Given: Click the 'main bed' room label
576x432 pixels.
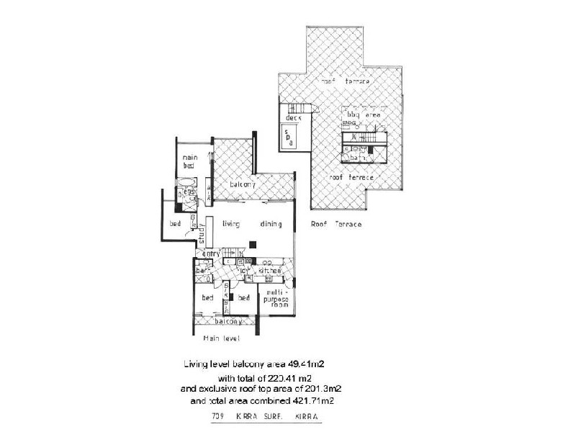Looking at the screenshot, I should pos(189,161).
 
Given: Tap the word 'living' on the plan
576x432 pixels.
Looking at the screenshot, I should pos(230,224).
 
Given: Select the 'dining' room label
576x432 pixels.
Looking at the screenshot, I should pos(271,224).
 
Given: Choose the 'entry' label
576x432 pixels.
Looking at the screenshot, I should pos(211,253).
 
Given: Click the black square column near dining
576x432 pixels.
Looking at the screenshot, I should pos(252,243).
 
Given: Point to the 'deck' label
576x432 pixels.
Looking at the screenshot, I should pos(292,117).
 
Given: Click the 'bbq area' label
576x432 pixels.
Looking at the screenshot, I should pos(363,114).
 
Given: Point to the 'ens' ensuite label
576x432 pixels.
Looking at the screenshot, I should pos(189,192).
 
